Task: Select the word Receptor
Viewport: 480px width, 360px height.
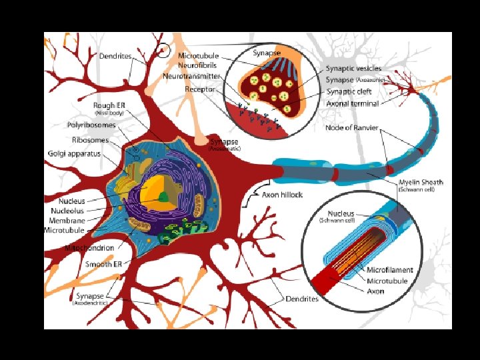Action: [200, 88]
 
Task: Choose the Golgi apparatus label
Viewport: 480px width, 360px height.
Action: [75, 153]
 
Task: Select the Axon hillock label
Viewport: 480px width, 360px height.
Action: [282, 195]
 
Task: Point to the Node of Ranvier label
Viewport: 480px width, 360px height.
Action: [353, 128]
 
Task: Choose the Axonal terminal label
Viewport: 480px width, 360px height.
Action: [353, 103]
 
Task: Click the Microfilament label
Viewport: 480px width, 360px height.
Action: [390, 270]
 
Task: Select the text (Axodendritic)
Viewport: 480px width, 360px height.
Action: [89, 303]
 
